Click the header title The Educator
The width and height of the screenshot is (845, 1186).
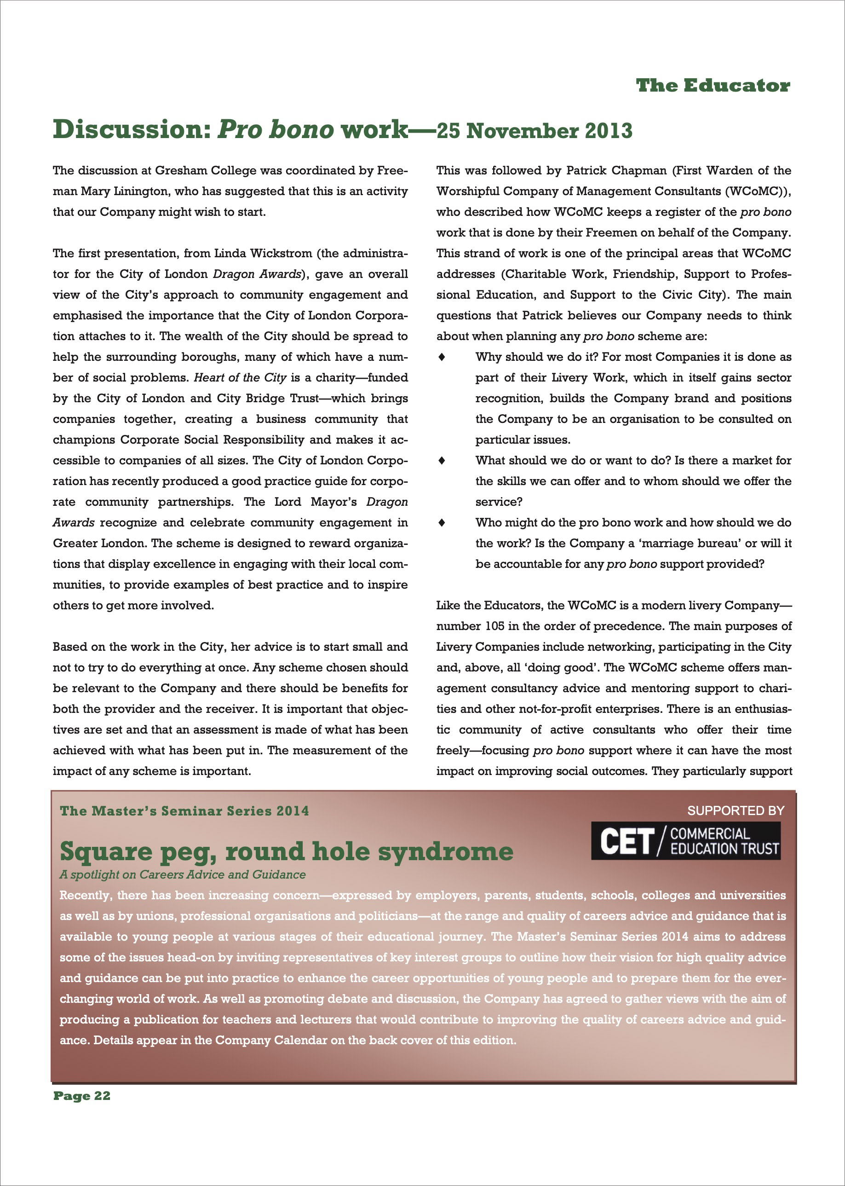713,86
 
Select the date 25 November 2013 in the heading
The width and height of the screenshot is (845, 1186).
535,131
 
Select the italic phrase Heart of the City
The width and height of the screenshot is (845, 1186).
240,377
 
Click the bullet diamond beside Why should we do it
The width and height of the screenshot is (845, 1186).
442,357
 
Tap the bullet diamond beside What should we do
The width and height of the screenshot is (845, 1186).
442,461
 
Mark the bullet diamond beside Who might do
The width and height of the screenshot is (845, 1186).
442,523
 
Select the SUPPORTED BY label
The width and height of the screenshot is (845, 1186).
735,810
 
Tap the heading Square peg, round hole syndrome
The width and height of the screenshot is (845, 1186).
286,852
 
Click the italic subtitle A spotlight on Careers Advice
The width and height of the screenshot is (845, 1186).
182,875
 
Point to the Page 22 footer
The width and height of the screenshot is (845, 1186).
82,1096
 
